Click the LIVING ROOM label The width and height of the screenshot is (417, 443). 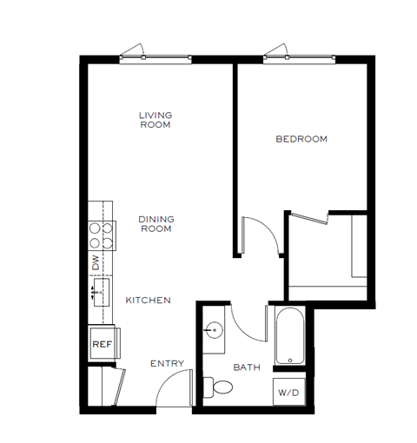[x=156, y=119]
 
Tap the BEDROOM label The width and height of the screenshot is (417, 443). [x=301, y=139]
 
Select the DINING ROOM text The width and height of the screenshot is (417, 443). [x=156, y=224]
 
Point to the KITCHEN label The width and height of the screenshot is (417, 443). [x=148, y=301]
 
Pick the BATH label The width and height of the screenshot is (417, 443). [x=247, y=368]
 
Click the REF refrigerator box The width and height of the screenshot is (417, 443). [x=102, y=344]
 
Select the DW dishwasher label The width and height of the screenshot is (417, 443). [x=96, y=260]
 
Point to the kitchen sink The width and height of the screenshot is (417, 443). [x=100, y=290]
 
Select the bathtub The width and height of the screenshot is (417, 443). [x=288, y=335]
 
